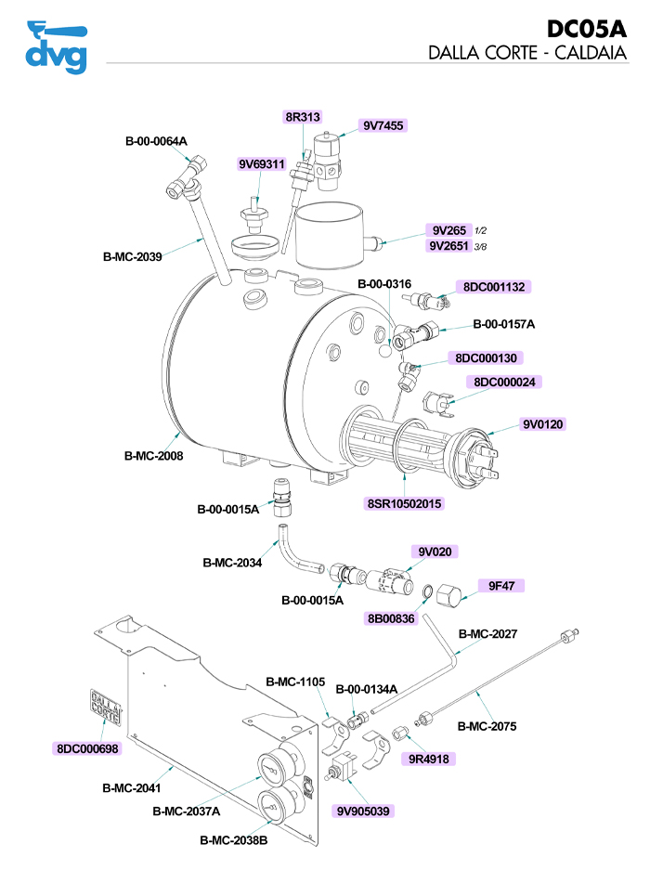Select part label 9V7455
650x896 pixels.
[383, 125]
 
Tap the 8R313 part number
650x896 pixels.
[303, 117]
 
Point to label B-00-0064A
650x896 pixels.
[156, 141]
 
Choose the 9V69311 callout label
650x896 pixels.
[261, 164]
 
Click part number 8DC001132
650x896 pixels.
[491, 287]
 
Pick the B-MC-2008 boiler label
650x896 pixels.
[153, 456]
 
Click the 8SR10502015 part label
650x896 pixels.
[405, 504]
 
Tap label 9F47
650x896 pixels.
[501, 586]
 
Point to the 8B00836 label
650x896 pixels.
[391, 618]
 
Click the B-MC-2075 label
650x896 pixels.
[487, 726]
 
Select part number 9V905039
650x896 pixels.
[365, 811]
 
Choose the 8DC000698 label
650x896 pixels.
[87, 747]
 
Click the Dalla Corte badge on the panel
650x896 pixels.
[105, 707]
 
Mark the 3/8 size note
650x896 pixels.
[481, 246]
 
